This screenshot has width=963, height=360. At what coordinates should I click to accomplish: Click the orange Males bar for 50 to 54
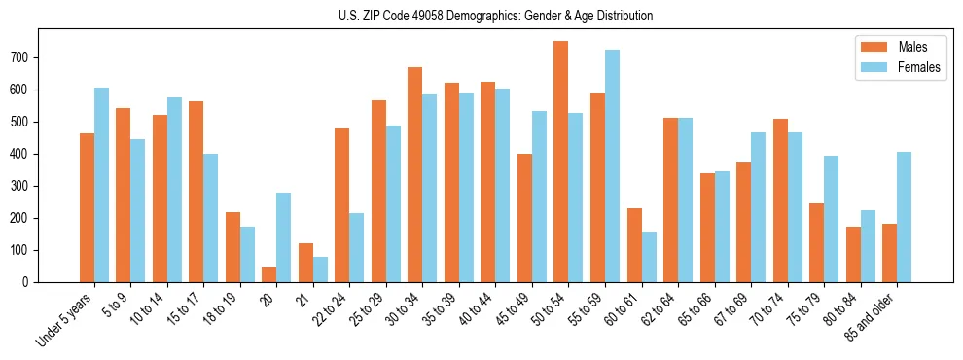(x=560, y=162)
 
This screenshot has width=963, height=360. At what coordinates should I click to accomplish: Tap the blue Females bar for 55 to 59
(x=612, y=166)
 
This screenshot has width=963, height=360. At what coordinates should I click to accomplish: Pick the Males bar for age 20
(x=268, y=274)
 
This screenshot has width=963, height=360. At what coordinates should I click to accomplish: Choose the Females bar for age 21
(x=320, y=270)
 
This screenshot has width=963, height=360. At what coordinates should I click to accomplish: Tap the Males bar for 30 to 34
(x=414, y=175)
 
